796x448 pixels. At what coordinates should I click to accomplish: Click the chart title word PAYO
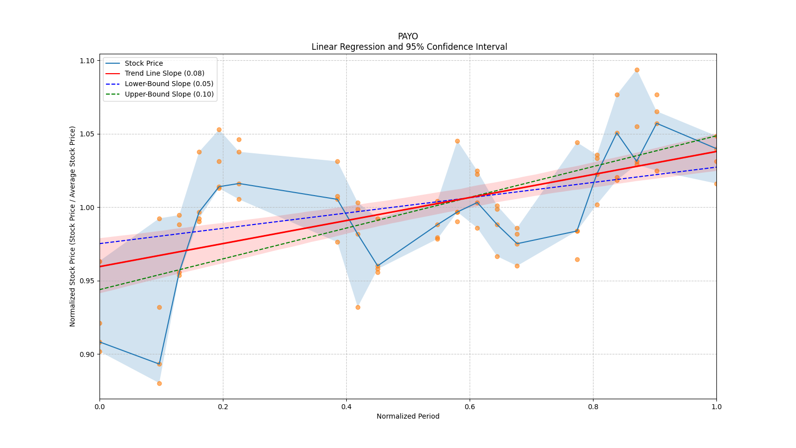[x=408, y=36]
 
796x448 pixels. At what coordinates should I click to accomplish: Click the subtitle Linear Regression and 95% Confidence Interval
[x=409, y=47]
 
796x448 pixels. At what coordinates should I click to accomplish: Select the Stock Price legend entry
[x=144, y=63]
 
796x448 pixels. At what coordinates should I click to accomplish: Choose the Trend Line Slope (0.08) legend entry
[x=164, y=73]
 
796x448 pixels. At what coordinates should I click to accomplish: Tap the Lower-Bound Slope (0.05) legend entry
[x=169, y=84]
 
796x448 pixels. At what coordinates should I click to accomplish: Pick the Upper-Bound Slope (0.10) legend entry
[x=169, y=94]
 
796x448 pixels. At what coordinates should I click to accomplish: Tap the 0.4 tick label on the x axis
[x=346, y=407]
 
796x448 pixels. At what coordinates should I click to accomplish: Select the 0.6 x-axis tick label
[x=470, y=407]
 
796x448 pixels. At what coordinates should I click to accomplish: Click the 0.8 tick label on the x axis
[x=593, y=407]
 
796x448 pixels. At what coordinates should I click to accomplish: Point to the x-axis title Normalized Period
[x=408, y=416]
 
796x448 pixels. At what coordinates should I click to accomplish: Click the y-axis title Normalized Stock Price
[x=73, y=226]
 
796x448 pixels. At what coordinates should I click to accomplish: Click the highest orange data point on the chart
[x=637, y=70]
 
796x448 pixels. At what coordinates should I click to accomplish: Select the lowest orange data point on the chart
[x=159, y=383]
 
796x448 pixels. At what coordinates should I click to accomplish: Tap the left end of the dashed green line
[x=100, y=289]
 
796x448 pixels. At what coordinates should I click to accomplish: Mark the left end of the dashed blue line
[x=100, y=243]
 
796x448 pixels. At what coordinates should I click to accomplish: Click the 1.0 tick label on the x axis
[x=716, y=407]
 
